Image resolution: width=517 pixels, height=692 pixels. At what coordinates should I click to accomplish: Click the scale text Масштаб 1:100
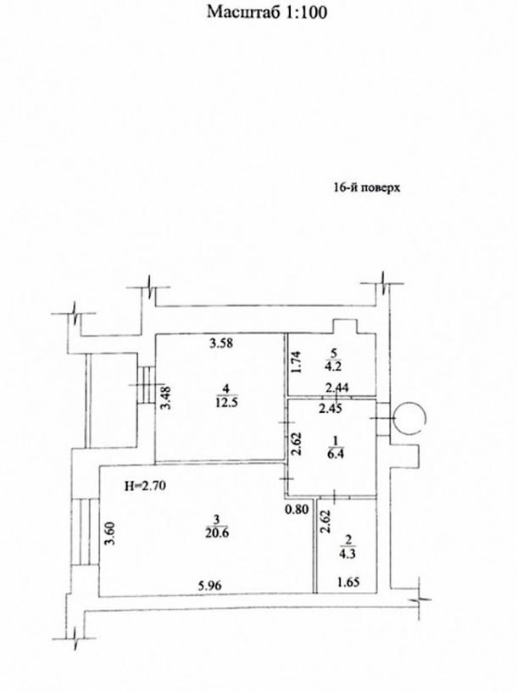coord(267,13)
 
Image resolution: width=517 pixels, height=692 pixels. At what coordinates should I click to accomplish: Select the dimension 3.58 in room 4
coord(220,343)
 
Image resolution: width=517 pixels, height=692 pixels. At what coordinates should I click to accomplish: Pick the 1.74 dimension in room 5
coord(296,362)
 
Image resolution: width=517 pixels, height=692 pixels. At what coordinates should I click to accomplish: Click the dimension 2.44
coord(337,388)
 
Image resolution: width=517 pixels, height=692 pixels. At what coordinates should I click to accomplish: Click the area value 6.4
coord(336,455)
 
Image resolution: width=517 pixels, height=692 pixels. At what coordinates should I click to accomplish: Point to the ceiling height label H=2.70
coord(145,486)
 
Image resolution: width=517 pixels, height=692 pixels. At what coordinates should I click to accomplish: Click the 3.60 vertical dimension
coord(110,533)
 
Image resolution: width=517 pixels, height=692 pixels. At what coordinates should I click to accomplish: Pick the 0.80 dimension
coord(297,510)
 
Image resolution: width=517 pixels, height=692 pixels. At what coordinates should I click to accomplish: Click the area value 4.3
coord(348,554)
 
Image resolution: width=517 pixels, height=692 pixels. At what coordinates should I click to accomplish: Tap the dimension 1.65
coord(348,582)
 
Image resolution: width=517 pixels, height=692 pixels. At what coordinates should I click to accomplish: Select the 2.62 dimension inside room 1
coord(296,444)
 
